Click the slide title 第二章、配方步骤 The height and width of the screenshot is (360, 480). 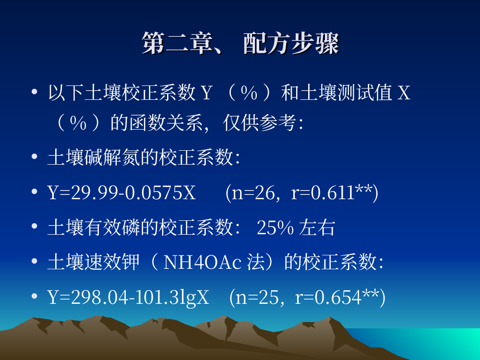tap(240, 43)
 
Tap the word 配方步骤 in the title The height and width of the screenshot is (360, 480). tap(291, 43)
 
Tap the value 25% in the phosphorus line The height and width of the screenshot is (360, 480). tap(275, 228)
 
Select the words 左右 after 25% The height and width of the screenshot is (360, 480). tap(317, 228)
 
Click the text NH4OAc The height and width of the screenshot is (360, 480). tap(203, 263)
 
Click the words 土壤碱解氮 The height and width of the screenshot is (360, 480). tap(94, 157)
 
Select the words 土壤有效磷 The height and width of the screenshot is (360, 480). tap(94, 228)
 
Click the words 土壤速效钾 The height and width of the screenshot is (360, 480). tap(94, 263)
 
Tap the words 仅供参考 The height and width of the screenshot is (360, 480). tap(260, 123)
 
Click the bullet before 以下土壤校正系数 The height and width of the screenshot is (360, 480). tap(34, 92)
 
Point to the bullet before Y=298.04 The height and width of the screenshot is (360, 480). tap(34, 296)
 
